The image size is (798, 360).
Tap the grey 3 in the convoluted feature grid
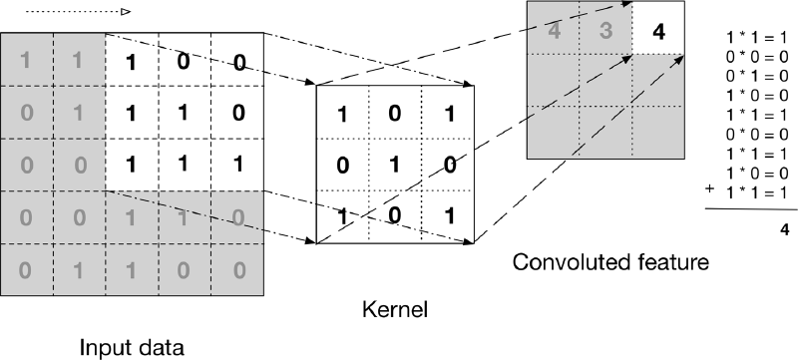[605, 31]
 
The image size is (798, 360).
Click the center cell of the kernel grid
[395, 164]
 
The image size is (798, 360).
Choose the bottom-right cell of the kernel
[448, 215]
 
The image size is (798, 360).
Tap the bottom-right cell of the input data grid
[236, 269]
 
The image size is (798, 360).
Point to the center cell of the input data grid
[132, 165]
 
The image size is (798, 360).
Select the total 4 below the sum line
[783, 228]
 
